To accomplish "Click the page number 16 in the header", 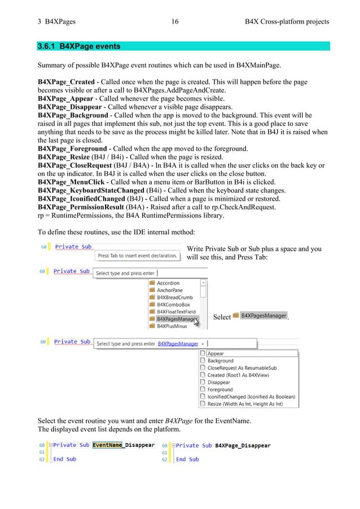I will [x=174, y=22].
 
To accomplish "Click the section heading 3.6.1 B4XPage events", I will [x=78, y=46].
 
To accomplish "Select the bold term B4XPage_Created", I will [x=65, y=82].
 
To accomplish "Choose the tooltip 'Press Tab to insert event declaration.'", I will [x=138, y=256].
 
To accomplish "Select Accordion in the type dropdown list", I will [x=168, y=283].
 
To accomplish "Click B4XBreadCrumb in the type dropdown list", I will [x=174, y=297].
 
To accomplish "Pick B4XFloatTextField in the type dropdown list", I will [x=176, y=311].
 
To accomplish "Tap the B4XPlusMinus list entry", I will [x=173, y=326].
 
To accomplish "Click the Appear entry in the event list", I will [x=216, y=354].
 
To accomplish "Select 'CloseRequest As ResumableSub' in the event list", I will [x=242, y=368].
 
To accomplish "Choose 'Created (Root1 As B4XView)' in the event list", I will [x=238, y=375].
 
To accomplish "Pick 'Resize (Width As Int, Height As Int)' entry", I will [x=244, y=404].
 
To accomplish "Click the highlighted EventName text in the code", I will [x=107, y=445].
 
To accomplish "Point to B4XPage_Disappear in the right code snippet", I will [x=243, y=445].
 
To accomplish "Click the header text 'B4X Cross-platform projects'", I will [x=287, y=22].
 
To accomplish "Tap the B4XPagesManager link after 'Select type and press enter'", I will [x=178, y=344].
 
